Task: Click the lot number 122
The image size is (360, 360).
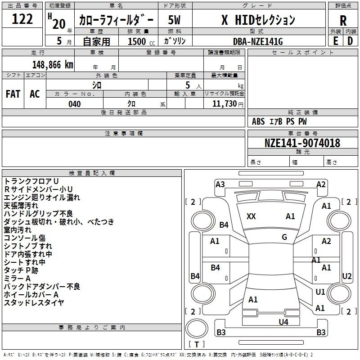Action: pyautogui.click(x=22, y=19)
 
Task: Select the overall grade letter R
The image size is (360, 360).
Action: pyautogui.click(x=343, y=21)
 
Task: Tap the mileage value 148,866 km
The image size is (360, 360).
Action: pyautogui.click(x=53, y=65)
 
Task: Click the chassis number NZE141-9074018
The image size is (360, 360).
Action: pyautogui.click(x=302, y=143)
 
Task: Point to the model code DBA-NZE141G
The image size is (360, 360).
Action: pyautogui.click(x=258, y=41)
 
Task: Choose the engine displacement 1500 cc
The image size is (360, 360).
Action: pyautogui.click(x=141, y=41)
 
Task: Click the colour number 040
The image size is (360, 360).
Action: pyautogui.click(x=75, y=104)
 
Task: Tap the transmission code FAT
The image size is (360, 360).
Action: pyautogui.click(x=13, y=94)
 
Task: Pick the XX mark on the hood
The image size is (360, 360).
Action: pyautogui.click(x=251, y=216)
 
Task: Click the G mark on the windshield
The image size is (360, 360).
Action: pyautogui.click(x=284, y=237)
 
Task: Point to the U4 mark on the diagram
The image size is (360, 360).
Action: pyautogui.click(x=283, y=322)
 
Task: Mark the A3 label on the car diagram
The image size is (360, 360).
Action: pyautogui.click(x=220, y=184)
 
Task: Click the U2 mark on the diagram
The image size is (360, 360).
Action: pyautogui.click(x=346, y=276)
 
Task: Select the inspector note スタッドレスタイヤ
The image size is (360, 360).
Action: pyautogui.click(x=34, y=303)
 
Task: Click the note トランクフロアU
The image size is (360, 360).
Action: pyautogui.click(x=31, y=181)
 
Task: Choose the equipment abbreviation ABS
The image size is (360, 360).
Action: pyautogui.click(x=258, y=121)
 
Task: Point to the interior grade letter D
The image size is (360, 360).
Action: pyautogui.click(x=350, y=41)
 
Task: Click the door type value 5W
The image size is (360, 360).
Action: pyautogui.click(x=174, y=20)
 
